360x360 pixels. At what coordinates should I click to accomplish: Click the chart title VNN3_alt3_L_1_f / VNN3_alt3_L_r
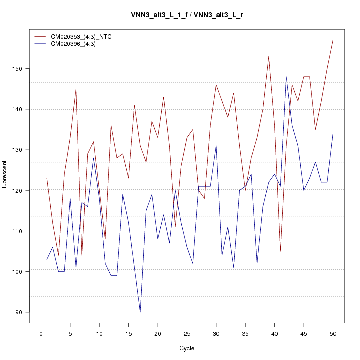pyautogui.click(x=187, y=15)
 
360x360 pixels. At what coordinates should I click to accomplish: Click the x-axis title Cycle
pyautogui.click(x=187, y=348)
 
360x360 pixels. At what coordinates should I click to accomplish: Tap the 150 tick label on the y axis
pyautogui.click(x=18, y=68)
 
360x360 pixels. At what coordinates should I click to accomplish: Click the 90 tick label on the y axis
pyautogui.click(x=18, y=312)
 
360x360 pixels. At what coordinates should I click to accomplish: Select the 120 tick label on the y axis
pyautogui.click(x=18, y=190)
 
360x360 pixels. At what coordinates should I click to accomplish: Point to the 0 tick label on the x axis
pyautogui.click(x=41, y=333)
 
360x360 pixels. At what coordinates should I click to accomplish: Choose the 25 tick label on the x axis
pyautogui.click(x=187, y=333)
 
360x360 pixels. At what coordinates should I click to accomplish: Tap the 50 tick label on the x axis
pyautogui.click(x=333, y=333)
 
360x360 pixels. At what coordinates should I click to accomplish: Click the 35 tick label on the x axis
pyautogui.click(x=245, y=333)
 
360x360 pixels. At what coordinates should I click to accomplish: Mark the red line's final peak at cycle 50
pyautogui.click(x=333, y=40)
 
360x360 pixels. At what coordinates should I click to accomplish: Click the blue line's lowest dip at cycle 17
pyautogui.click(x=140, y=312)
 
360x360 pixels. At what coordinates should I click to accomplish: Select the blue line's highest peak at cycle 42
pyautogui.click(x=286, y=77)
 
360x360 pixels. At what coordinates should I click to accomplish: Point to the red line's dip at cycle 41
pyautogui.click(x=280, y=251)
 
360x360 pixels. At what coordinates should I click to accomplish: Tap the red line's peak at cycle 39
pyautogui.click(x=269, y=56)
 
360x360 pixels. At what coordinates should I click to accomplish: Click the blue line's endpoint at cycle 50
pyautogui.click(x=333, y=133)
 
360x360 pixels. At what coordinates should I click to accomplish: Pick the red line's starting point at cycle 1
pyautogui.click(x=47, y=178)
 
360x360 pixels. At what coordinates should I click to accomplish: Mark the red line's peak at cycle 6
pyautogui.click(x=76, y=89)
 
